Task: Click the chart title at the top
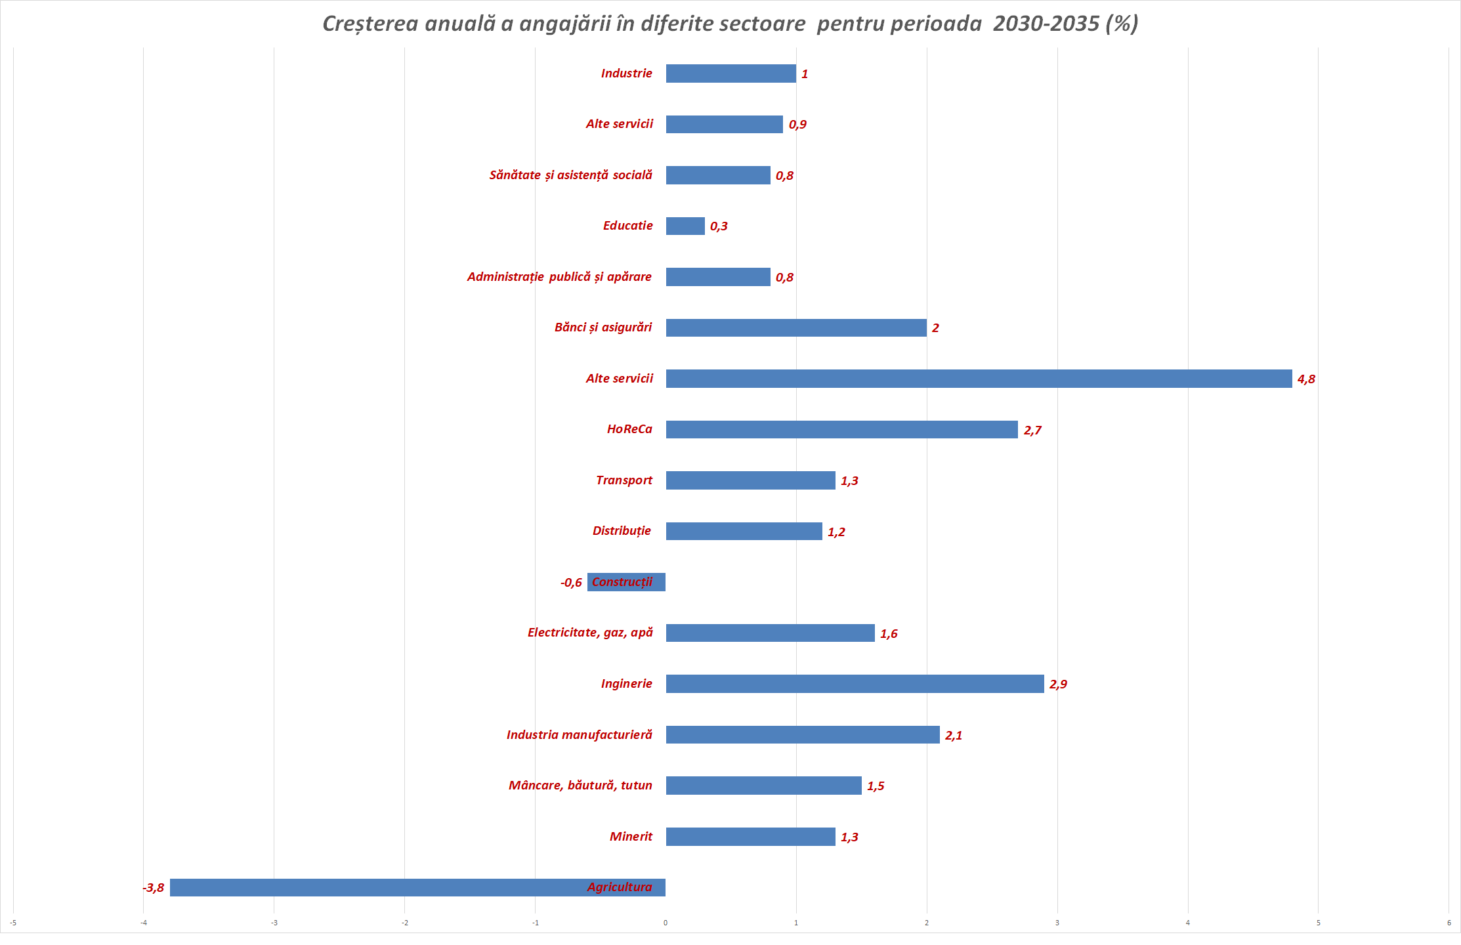pyautogui.click(x=730, y=24)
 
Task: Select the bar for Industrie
pyautogui.click(x=730, y=73)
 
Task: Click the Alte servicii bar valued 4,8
pyautogui.click(x=978, y=379)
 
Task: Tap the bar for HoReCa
pyautogui.click(x=841, y=429)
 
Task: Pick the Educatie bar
pyautogui.click(x=685, y=226)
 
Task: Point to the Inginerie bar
pyautogui.click(x=855, y=684)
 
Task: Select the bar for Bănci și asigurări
pyautogui.click(x=795, y=327)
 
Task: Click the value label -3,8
pyautogui.click(x=154, y=888)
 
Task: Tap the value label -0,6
pyautogui.click(x=571, y=583)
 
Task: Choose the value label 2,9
pyautogui.click(x=1058, y=684)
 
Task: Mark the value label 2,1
pyautogui.click(x=954, y=736)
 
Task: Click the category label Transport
pyautogui.click(x=624, y=480)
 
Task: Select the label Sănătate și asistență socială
pyautogui.click(x=570, y=175)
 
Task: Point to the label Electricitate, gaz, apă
pyautogui.click(x=590, y=633)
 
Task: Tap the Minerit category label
pyautogui.click(x=631, y=837)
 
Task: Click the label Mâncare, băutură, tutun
pyautogui.click(x=580, y=786)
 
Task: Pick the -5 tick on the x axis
pyautogui.click(x=13, y=923)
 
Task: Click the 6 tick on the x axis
pyautogui.click(x=1449, y=923)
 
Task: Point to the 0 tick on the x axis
pyautogui.click(x=666, y=923)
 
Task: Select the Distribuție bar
pyautogui.click(x=744, y=531)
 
